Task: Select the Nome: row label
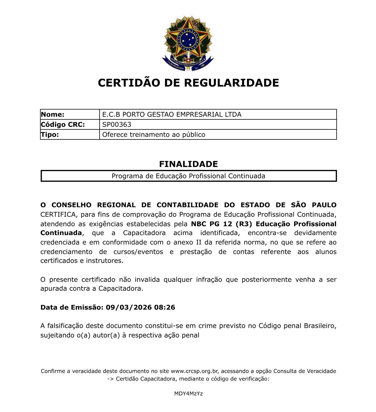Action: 53,114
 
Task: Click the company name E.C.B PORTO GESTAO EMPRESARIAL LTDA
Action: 172,114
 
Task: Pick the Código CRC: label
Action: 63,124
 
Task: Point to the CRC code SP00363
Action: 117,124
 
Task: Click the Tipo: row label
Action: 50,134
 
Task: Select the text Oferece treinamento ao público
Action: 153,135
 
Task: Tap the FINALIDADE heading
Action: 188,164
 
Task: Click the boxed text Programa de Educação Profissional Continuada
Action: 188,176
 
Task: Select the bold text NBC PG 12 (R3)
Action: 221,224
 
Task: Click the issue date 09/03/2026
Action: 129,308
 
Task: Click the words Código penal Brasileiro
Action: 297,326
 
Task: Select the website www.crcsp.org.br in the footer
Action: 194,371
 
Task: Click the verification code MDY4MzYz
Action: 188,394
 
